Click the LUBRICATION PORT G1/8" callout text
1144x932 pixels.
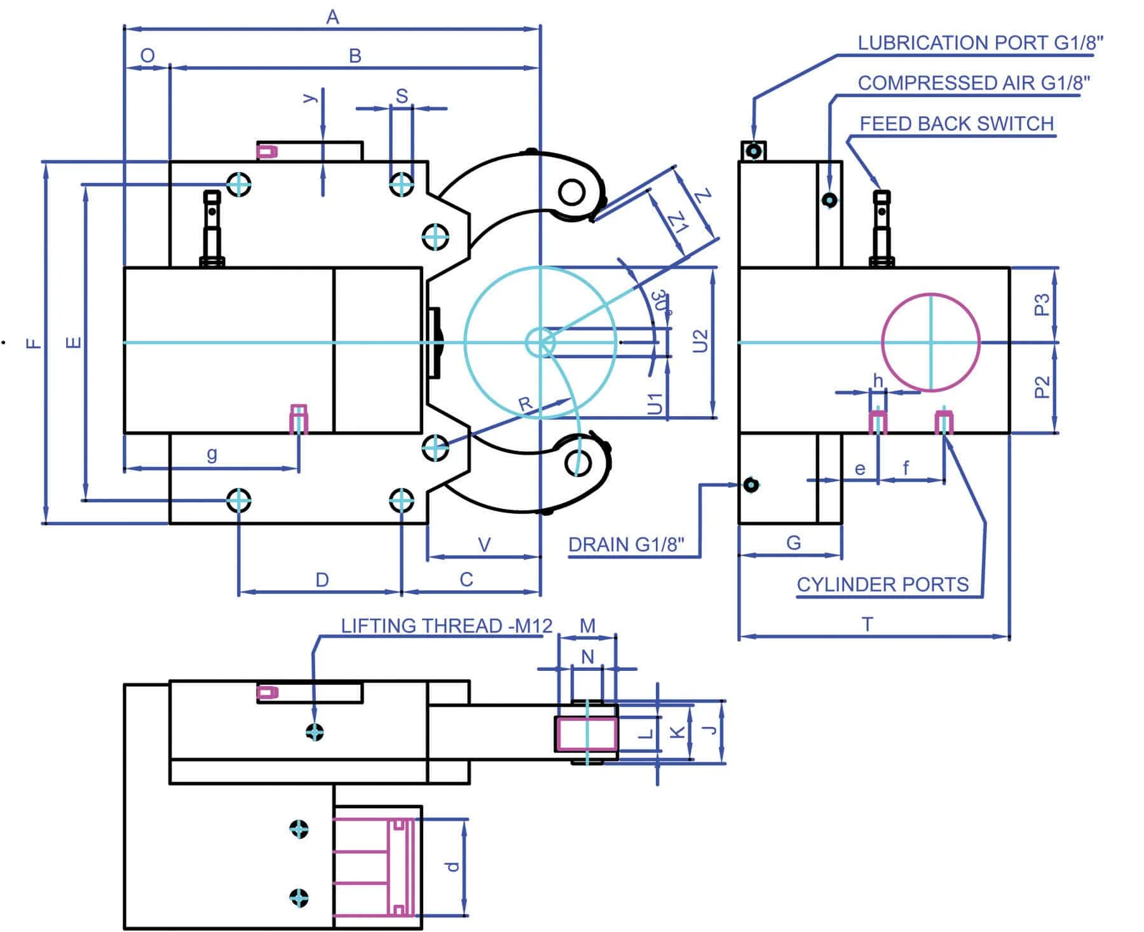tap(980, 43)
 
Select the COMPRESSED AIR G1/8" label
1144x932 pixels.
tap(974, 83)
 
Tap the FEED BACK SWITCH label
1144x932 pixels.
tap(957, 123)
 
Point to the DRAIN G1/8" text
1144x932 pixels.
tap(626, 544)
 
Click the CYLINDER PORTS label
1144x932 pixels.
tap(882, 584)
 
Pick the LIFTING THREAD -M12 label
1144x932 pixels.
tap(446, 626)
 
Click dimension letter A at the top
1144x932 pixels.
tap(332, 18)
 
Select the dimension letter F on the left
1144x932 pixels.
tap(34, 343)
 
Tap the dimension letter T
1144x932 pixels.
tap(867, 624)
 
